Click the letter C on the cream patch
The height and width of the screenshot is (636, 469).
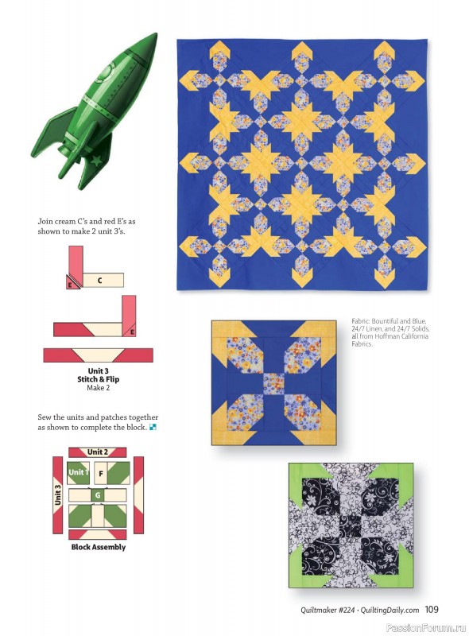tap(100, 280)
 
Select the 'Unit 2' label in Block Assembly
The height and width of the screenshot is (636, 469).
tap(97, 452)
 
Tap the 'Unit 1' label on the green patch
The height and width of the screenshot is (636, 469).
tap(78, 472)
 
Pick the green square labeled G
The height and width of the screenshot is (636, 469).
tap(98, 495)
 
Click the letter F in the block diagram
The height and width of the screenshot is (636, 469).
tap(100, 473)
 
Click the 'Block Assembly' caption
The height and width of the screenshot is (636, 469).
tap(98, 547)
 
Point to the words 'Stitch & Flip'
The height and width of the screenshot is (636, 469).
tap(98, 379)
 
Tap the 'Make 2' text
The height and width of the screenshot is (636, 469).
tap(98, 388)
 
